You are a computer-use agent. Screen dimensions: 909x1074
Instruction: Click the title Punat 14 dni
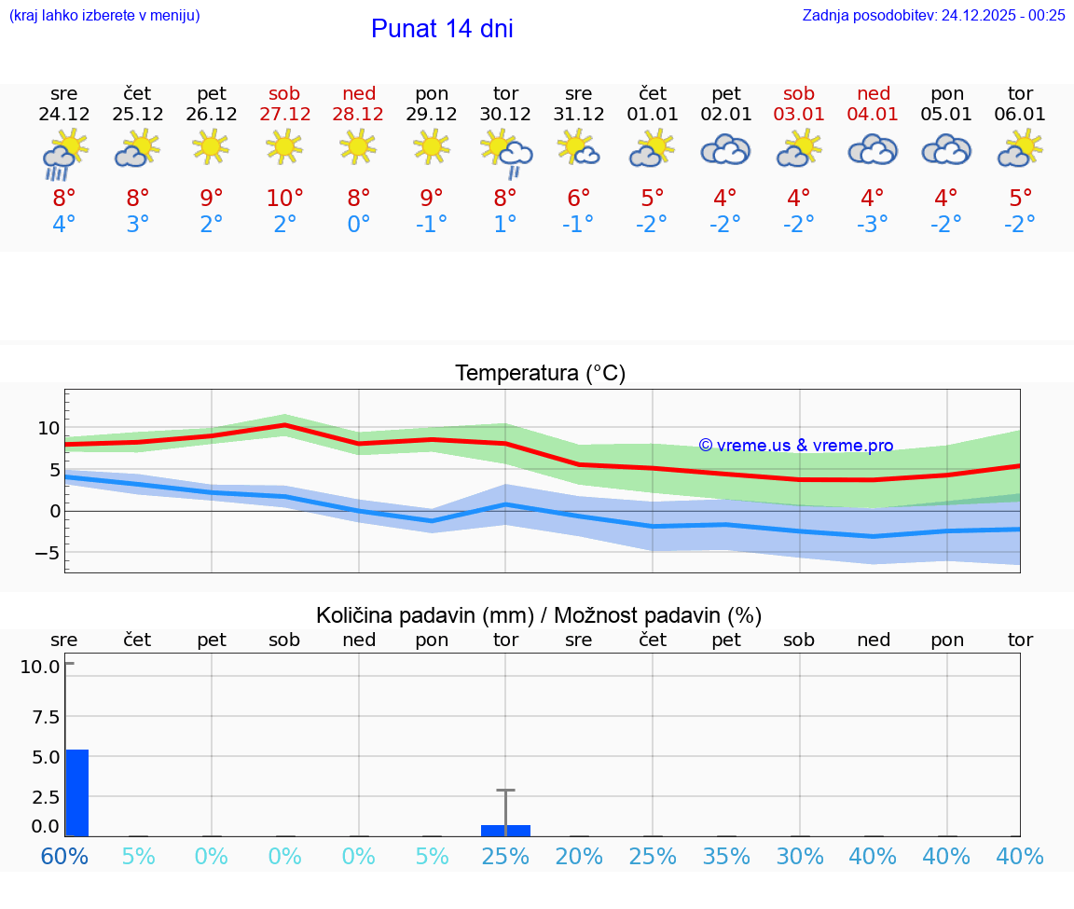pyautogui.click(x=442, y=29)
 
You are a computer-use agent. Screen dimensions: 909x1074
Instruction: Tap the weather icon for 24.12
pyautogui.click(x=64, y=153)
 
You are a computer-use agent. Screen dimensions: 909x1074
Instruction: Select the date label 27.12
pyautogui.click(x=285, y=115)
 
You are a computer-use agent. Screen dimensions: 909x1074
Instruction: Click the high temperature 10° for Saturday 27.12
pyautogui.click(x=285, y=199)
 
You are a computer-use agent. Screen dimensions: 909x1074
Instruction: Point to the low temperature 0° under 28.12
pyautogui.click(x=359, y=225)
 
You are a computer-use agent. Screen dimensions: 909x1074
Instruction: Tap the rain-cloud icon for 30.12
pyautogui.click(x=506, y=153)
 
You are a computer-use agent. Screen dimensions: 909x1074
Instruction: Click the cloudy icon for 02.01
pyautogui.click(x=725, y=149)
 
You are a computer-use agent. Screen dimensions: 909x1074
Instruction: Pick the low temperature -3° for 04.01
pyautogui.click(x=873, y=225)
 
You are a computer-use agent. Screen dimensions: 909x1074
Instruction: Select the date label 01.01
pyautogui.click(x=653, y=115)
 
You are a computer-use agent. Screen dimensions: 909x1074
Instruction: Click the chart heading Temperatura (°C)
pyautogui.click(x=540, y=374)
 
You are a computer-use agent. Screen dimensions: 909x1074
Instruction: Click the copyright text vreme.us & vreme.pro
pyautogui.click(x=796, y=446)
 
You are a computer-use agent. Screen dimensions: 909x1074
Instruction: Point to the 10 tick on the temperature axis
pyautogui.click(x=48, y=429)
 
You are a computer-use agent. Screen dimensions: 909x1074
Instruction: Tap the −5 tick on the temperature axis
pyautogui.click(x=47, y=553)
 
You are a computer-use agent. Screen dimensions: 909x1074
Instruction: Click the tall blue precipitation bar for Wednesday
pyautogui.click(x=77, y=792)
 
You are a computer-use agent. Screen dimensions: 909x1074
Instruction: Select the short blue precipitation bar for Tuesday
pyautogui.click(x=505, y=831)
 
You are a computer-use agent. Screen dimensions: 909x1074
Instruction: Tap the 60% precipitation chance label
pyautogui.click(x=64, y=856)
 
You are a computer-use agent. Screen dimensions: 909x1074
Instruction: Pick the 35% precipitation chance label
pyautogui.click(x=726, y=856)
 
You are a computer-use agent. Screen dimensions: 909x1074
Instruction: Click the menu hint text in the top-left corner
pyautogui.click(x=104, y=15)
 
